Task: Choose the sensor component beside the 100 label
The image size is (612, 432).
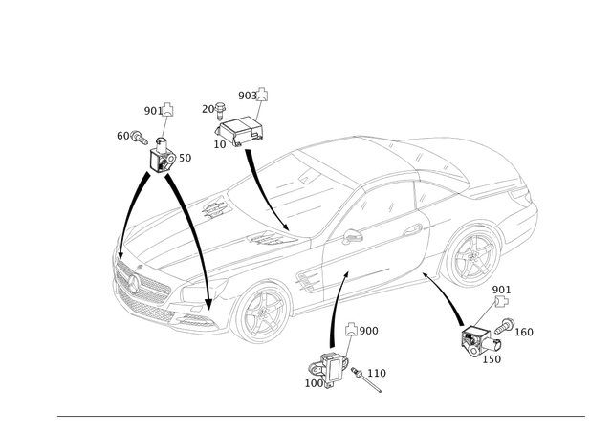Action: point(478,336)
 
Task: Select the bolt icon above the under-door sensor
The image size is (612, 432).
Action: point(351,329)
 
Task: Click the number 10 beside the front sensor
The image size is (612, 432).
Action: point(186,155)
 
